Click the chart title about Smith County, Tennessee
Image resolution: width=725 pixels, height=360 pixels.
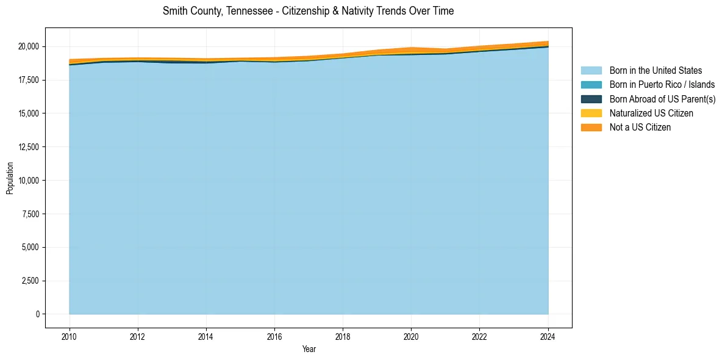tap(308, 11)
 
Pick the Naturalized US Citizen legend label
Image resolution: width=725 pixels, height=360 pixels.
tap(651, 113)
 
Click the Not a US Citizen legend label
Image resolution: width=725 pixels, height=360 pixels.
tap(640, 127)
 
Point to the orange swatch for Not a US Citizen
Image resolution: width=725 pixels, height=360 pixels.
tap(591, 127)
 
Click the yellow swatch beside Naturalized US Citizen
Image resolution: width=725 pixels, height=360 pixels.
tap(591, 113)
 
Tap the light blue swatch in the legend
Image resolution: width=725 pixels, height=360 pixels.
tap(591, 71)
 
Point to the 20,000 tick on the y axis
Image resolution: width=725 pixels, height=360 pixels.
tap(28, 46)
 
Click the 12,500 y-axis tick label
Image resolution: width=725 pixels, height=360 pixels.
tap(28, 147)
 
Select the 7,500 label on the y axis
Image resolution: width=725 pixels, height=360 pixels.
tap(30, 214)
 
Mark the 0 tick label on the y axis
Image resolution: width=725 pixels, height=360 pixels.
tap(37, 314)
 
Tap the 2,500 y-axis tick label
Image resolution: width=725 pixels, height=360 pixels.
tap(30, 281)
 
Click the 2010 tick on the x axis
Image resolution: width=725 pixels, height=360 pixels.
tap(70, 336)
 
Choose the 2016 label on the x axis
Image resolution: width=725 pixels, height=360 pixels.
tap(274, 336)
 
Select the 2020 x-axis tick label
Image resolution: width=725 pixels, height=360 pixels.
tap(412, 336)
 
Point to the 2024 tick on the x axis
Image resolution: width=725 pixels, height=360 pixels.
tap(548, 336)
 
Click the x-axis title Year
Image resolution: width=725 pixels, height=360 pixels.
tap(309, 349)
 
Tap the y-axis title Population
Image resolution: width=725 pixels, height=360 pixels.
tap(10, 178)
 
